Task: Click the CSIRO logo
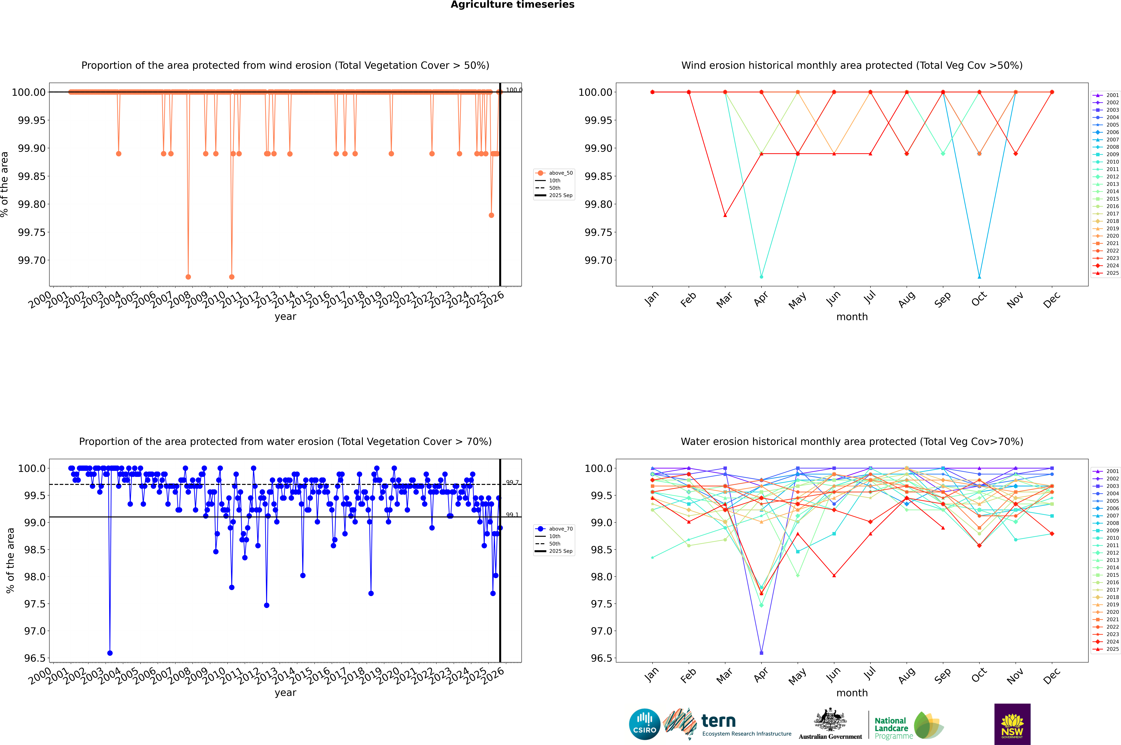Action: point(644,724)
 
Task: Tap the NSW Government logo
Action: point(1012,724)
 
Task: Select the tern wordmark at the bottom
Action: point(719,721)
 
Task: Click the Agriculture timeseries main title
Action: point(512,5)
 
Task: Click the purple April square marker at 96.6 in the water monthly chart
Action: point(761,653)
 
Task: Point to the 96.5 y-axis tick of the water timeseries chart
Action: point(35,658)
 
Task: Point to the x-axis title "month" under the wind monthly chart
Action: point(852,317)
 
